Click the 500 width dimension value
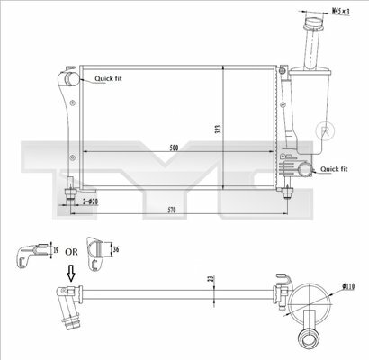(x=174, y=148)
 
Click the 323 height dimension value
(x=219, y=130)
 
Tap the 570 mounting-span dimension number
(x=172, y=210)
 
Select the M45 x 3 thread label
(x=341, y=12)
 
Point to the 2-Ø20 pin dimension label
(x=90, y=202)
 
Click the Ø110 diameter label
(x=348, y=286)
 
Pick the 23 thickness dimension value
(x=211, y=278)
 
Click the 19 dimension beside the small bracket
(x=56, y=249)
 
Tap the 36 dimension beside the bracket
(x=116, y=249)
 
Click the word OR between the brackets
(x=71, y=252)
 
